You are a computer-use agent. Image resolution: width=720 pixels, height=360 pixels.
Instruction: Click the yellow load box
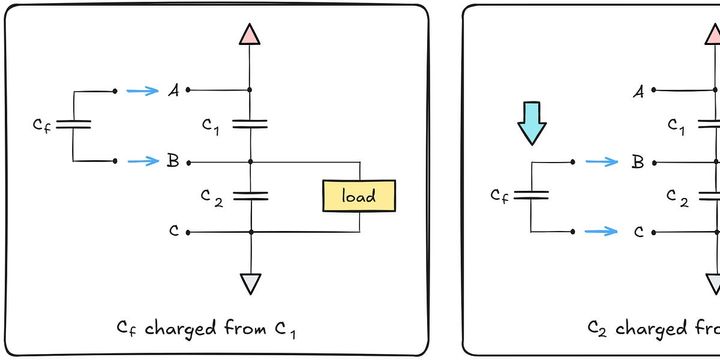click(359, 196)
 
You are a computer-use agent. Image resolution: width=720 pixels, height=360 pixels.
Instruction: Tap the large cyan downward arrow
click(531, 121)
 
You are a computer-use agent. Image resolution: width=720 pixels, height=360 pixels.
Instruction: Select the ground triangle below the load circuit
click(250, 284)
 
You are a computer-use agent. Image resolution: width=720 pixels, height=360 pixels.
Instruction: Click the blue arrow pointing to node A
click(144, 91)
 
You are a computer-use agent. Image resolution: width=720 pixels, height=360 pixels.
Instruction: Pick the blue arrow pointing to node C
click(602, 231)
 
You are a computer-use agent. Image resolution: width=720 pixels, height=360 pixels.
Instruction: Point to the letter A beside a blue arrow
click(173, 91)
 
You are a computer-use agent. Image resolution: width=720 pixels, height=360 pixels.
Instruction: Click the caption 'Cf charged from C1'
click(207, 328)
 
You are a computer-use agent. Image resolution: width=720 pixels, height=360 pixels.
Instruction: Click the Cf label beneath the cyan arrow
click(500, 195)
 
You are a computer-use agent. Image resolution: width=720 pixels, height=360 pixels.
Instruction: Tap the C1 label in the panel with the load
click(209, 125)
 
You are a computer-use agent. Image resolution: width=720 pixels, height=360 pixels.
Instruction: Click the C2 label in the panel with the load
click(209, 196)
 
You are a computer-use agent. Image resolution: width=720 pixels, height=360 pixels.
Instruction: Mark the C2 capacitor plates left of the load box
click(250, 196)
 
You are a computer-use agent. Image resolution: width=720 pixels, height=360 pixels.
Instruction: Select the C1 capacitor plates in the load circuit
click(250, 125)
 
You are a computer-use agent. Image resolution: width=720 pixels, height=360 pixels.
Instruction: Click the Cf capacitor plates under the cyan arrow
click(531, 195)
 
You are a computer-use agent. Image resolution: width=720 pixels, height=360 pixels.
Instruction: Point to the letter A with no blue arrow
click(638, 92)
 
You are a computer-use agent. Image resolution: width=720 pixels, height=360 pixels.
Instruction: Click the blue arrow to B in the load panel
click(144, 161)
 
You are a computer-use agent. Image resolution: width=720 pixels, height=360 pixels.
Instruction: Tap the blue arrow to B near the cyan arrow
click(602, 161)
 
